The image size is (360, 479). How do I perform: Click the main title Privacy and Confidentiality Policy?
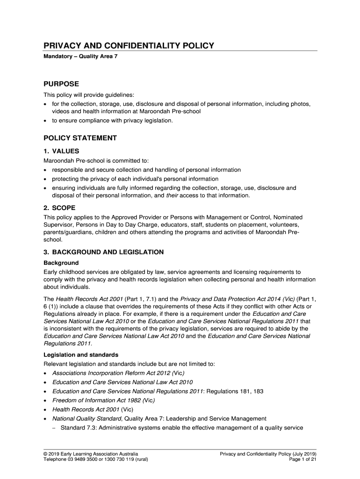tap(129, 45)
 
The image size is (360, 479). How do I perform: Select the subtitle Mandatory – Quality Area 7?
tap(77, 62)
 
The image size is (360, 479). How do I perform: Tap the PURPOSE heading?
tap(61, 84)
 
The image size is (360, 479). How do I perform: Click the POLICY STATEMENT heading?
tap(80, 138)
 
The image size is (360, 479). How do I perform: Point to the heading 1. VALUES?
tap(61, 151)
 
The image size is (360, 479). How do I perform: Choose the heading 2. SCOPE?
tap(59, 207)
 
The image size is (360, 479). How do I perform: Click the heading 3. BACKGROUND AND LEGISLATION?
tap(103, 252)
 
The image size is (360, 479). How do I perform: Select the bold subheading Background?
tap(61, 262)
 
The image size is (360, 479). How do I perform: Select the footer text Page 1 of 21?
tap(303, 460)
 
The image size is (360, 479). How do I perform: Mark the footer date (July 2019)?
tap(303, 454)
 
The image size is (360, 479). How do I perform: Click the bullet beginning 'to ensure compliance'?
tap(112, 121)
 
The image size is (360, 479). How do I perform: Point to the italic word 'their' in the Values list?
tap(173, 196)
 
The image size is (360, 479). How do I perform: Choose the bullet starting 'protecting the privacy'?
tap(135, 179)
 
